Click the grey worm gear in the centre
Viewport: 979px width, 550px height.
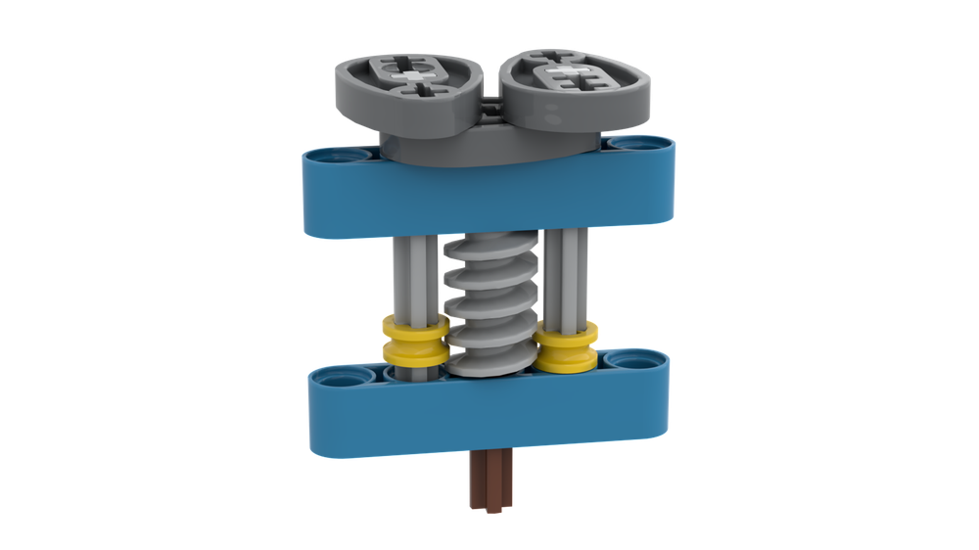coord(489,303)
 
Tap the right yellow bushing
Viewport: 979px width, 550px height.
coord(566,346)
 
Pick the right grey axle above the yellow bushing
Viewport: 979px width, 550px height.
coord(567,279)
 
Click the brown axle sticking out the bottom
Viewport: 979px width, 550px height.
coord(489,480)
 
